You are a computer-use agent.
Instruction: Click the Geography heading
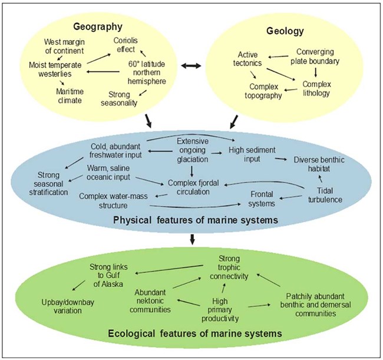pyautogui.click(x=97, y=27)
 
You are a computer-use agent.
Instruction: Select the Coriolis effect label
pyautogui.click(x=127, y=45)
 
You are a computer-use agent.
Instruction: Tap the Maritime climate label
pyautogui.click(x=68, y=95)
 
